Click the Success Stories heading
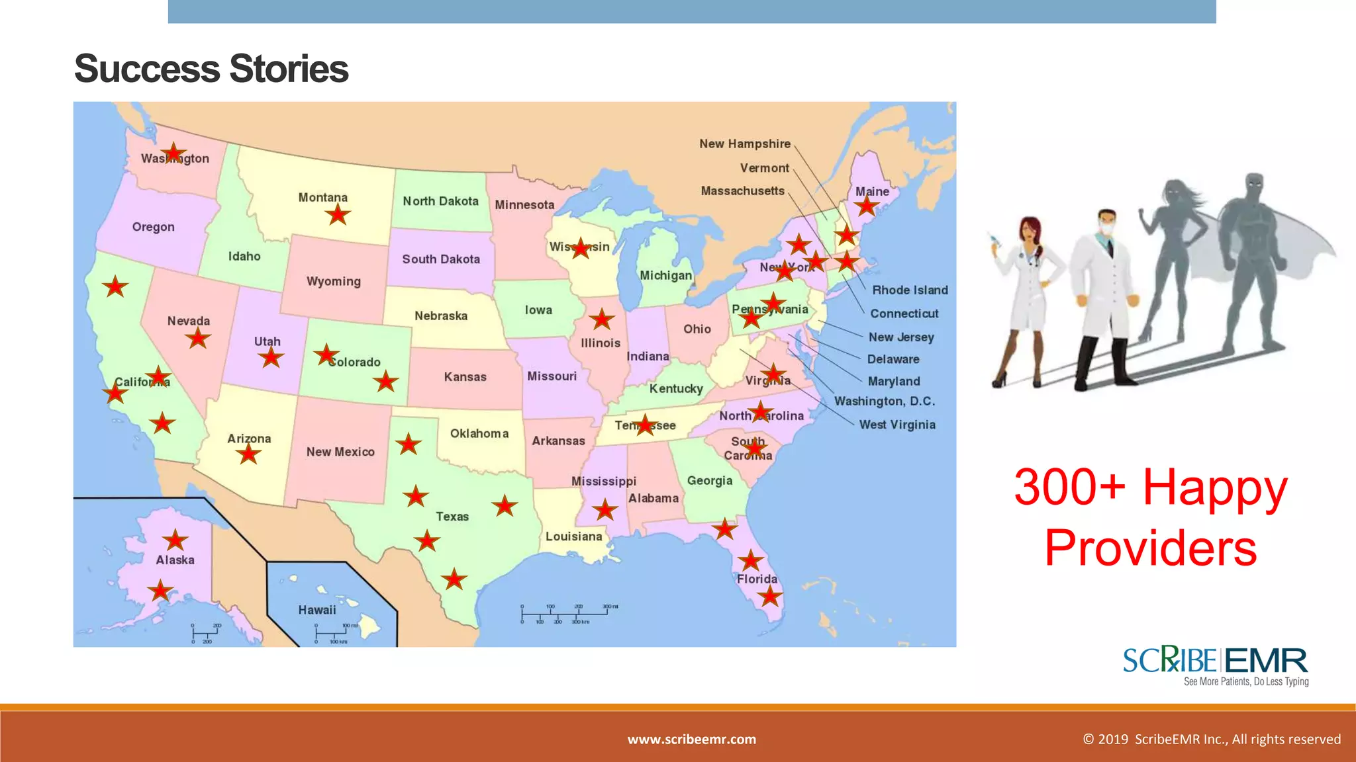tap(211, 69)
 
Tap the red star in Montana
tap(338, 214)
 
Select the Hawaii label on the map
tap(316, 610)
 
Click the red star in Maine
tap(866, 206)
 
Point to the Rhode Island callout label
tap(910, 290)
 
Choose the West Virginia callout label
tap(897, 425)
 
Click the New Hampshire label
tap(745, 144)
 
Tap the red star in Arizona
tap(248, 454)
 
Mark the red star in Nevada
tap(197, 339)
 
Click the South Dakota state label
tap(441, 259)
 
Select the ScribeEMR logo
tap(1216, 665)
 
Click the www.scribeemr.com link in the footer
tap(691, 739)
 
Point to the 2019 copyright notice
tap(1212, 739)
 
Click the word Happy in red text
tap(1215, 487)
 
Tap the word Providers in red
tap(1151, 548)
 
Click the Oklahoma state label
tap(479, 433)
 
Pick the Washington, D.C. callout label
tap(885, 401)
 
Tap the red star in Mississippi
tap(605, 509)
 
